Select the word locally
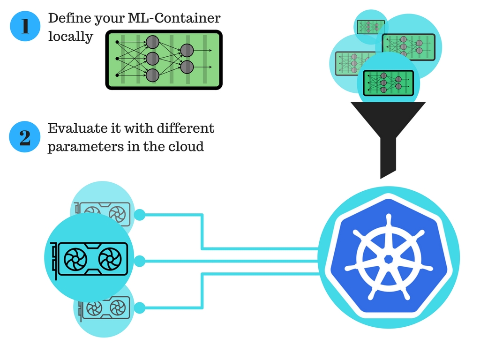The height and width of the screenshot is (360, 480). click(x=71, y=37)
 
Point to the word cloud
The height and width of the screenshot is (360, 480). click(x=187, y=146)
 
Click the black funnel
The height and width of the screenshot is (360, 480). click(x=388, y=131)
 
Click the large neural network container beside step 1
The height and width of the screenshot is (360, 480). click(x=164, y=60)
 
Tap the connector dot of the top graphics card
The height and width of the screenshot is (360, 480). click(x=139, y=215)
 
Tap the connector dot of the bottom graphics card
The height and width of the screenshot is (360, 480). click(x=139, y=307)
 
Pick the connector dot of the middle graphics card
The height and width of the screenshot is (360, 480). click(x=139, y=260)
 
